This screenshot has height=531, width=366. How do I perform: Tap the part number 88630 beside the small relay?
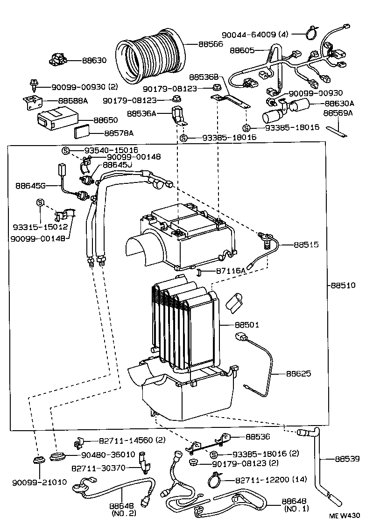(x=95, y=60)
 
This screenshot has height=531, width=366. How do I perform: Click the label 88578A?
(x=119, y=133)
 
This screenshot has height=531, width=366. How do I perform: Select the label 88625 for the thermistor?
(x=299, y=374)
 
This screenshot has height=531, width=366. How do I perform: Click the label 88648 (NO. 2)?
(x=122, y=509)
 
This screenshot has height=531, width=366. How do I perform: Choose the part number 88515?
(x=306, y=244)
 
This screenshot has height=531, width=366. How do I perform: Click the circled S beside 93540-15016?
(x=66, y=150)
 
